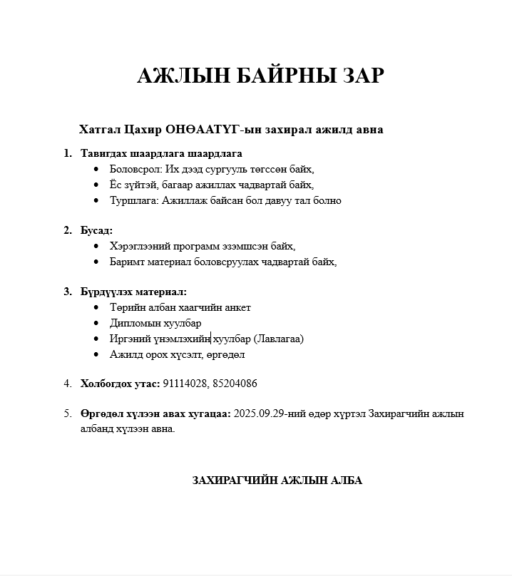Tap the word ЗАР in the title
click(x=361, y=76)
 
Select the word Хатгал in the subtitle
click(x=100, y=130)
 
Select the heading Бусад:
click(x=96, y=230)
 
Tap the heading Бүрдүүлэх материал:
click(x=133, y=292)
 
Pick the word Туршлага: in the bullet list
click(x=134, y=200)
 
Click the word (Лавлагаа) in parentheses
click(x=278, y=339)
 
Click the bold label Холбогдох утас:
click(x=120, y=384)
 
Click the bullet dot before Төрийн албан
click(x=97, y=308)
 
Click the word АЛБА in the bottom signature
click(x=347, y=480)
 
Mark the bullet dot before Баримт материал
click(x=97, y=262)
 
